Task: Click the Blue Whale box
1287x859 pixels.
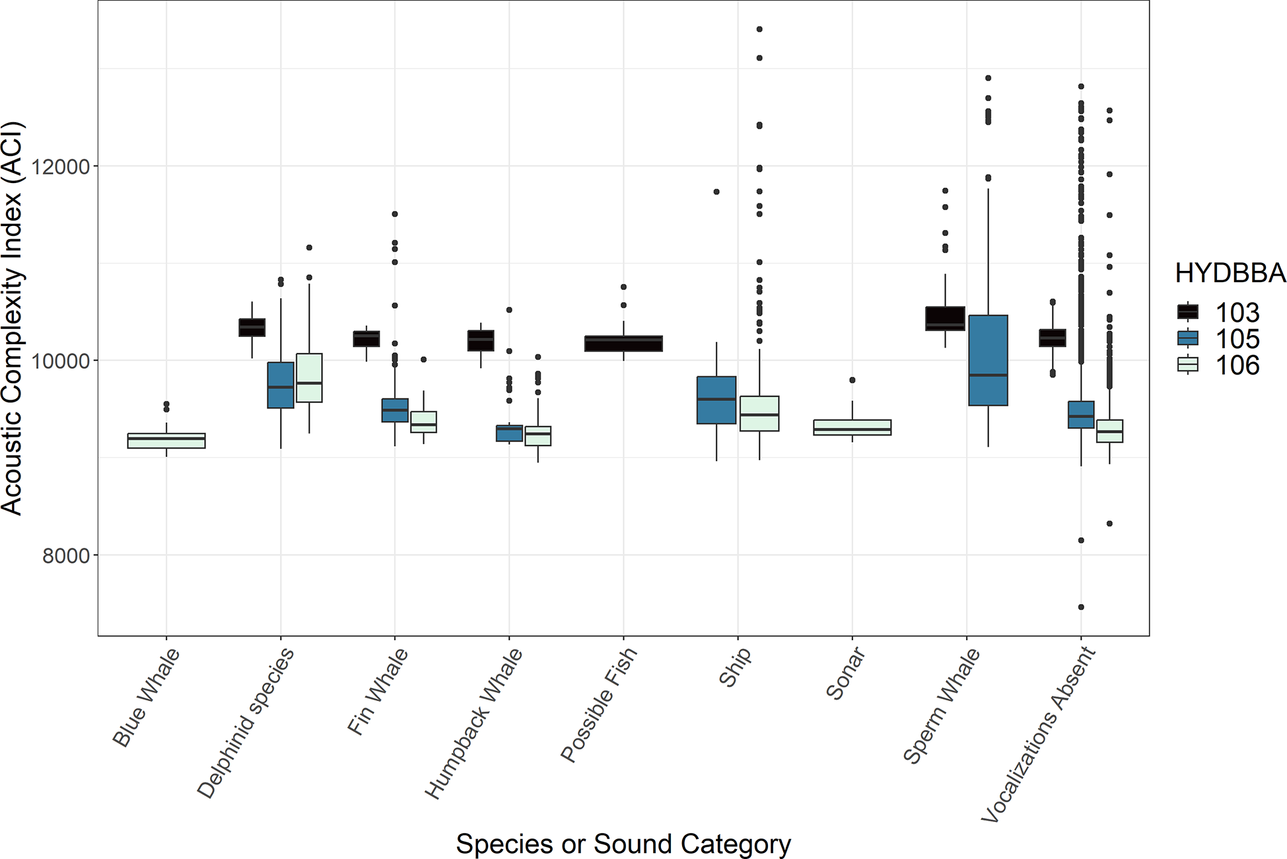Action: tap(166, 441)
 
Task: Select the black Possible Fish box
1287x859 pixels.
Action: tap(623, 344)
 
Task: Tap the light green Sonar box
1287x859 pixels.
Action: tap(852, 428)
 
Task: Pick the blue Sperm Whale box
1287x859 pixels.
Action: tap(988, 360)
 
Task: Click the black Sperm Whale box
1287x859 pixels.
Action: tap(945, 318)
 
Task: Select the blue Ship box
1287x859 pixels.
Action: tap(716, 400)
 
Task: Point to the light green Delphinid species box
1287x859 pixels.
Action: tap(309, 378)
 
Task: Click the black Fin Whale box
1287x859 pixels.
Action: tap(366, 339)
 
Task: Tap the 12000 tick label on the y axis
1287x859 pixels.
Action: tap(61, 167)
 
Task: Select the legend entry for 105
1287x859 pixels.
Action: tap(1219, 339)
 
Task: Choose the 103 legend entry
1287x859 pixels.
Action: tap(1219, 313)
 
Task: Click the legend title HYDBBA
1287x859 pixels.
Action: tap(1230, 273)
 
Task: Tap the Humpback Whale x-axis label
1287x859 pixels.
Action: tap(473, 724)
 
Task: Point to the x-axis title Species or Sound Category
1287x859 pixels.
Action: tap(623, 844)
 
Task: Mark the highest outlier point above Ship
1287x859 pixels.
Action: tap(759, 29)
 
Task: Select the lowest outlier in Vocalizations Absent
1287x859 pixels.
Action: tap(1081, 607)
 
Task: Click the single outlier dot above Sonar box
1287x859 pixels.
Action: tap(852, 380)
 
